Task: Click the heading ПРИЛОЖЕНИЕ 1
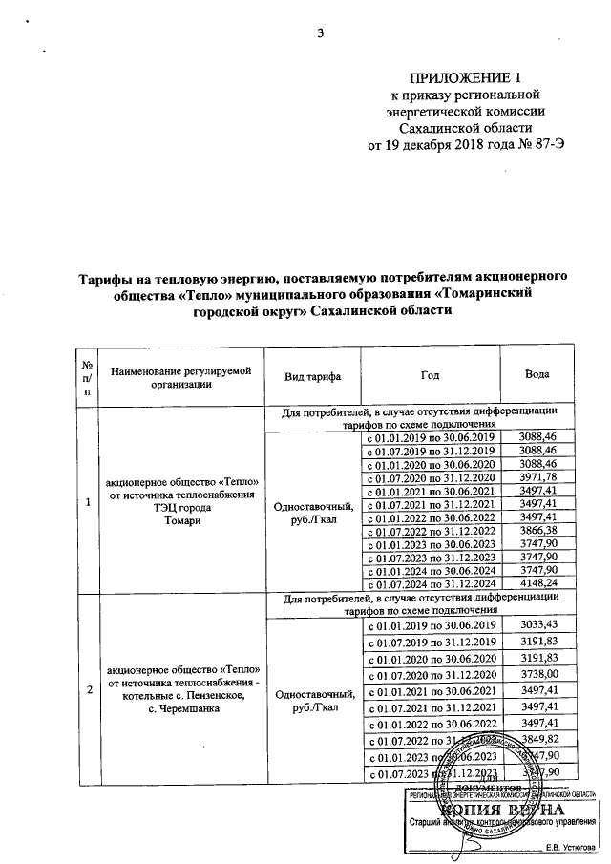[466, 78]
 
